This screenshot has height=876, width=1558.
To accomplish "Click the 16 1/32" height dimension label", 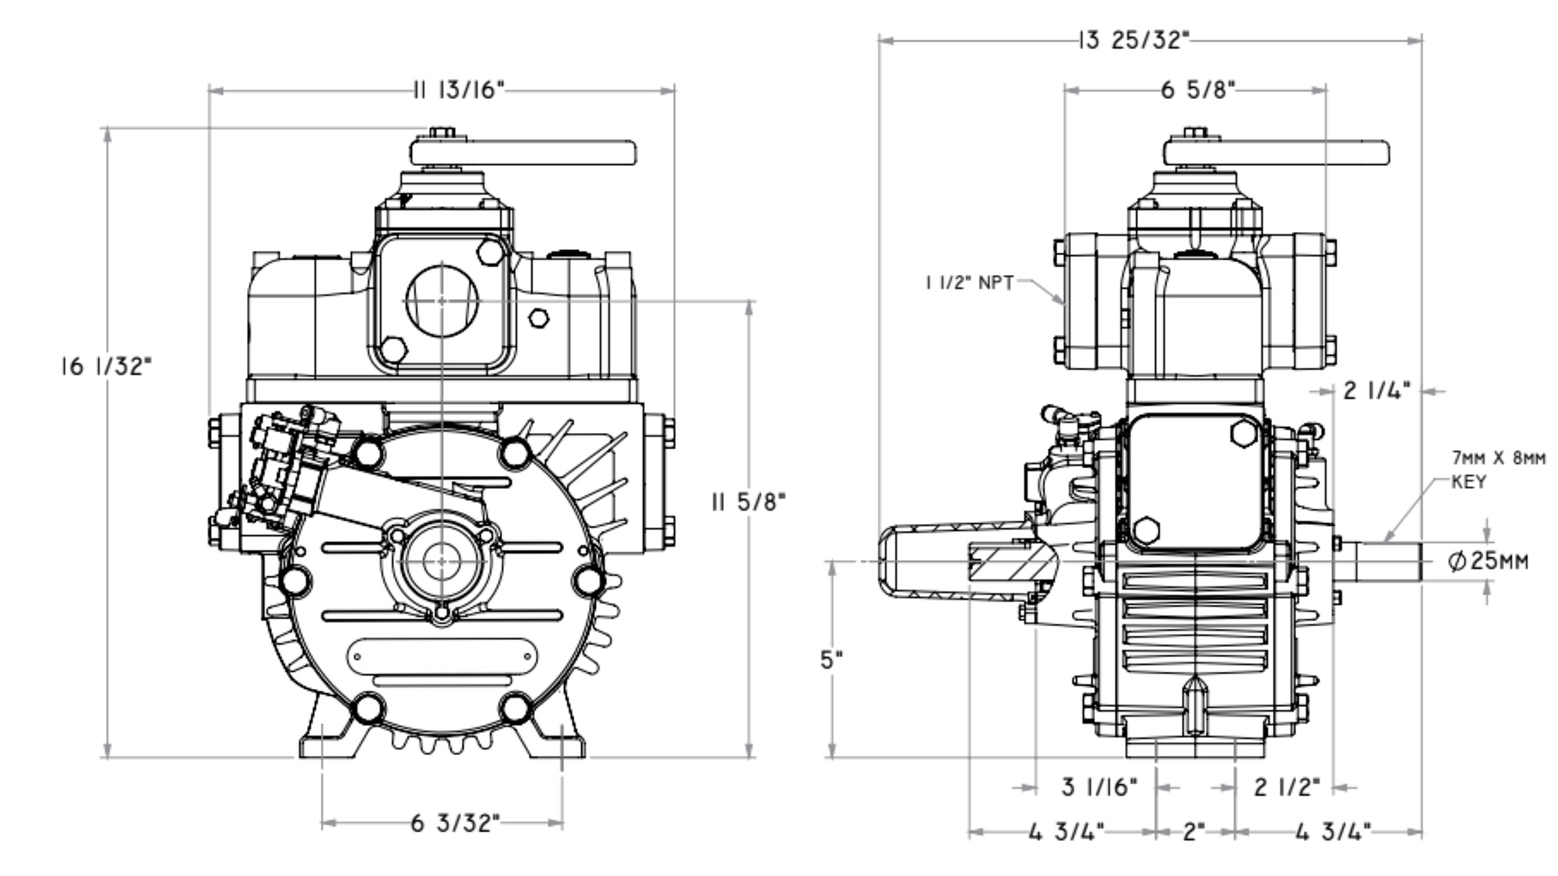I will (x=106, y=366).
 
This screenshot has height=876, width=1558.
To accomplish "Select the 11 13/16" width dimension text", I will (x=459, y=91).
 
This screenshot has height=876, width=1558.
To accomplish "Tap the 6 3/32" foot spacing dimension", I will (x=454, y=823).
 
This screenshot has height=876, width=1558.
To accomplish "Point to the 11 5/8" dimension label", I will (x=749, y=501).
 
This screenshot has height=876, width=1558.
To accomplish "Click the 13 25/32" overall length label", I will (x=1133, y=40).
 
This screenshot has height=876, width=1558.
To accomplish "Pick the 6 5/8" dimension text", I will (x=1198, y=90).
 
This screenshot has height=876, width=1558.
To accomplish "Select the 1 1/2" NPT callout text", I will (x=969, y=283).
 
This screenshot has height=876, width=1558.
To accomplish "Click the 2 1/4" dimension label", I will (x=1376, y=391).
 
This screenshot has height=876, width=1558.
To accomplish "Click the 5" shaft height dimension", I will (x=832, y=660).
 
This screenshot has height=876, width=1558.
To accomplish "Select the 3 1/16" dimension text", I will (x=1098, y=787).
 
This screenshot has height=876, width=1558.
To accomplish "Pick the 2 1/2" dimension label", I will (x=1286, y=787).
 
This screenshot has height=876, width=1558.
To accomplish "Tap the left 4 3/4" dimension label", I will (x=1066, y=832).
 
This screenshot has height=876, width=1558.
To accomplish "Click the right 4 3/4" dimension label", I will (x=1332, y=832).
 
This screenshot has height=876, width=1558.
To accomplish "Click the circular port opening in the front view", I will (x=442, y=301).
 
